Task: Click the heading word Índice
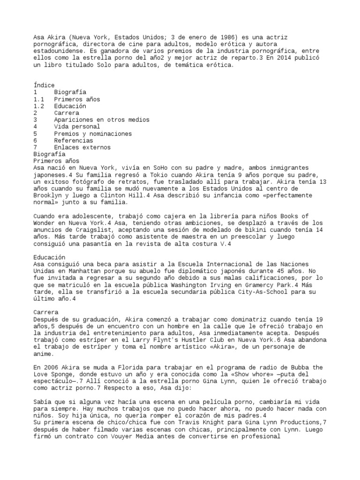coord(44,85)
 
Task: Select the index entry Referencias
coord(73,140)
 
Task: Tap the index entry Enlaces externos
coord(82,147)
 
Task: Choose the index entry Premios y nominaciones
coord(93,134)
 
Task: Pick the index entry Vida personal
coord(77,127)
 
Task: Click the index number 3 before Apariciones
coord(36,120)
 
